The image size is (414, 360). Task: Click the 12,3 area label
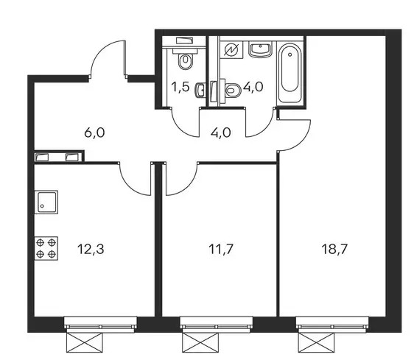(x=91, y=249)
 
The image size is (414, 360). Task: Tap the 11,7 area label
(x=221, y=249)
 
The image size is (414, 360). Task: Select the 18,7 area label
(x=334, y=249)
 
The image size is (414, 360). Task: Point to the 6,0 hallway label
(x=94, y=133)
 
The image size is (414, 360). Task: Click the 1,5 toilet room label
(x=180, y=87)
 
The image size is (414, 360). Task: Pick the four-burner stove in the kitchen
(x=46, y=248)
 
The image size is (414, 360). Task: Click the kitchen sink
(x=46, y=202)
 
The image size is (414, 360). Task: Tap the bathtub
(x=290, y=74)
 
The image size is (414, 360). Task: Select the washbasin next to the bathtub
(x=260, y=50)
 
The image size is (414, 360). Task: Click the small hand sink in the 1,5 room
(x=200, y=91)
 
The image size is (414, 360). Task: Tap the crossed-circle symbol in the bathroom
(x=231, y=49)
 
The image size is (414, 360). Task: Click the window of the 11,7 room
(x=217, y=322)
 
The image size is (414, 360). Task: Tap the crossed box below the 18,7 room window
(x=316, y=342)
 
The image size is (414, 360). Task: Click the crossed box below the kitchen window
(x=84, y=342)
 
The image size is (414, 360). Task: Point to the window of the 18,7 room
(x=332, y=322)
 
